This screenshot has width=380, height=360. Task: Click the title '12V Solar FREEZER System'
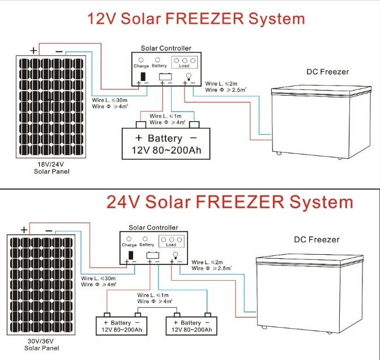pos(195,19)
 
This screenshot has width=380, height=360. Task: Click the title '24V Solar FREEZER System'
pos(229,202)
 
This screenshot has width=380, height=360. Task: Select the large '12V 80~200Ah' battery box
pos(166,144)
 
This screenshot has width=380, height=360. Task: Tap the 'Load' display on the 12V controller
pos(184,62)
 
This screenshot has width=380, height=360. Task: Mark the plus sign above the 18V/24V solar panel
pos(33,50)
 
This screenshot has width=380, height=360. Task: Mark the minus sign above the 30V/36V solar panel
pos(49,230)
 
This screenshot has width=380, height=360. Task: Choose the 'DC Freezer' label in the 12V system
pos(327,72)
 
